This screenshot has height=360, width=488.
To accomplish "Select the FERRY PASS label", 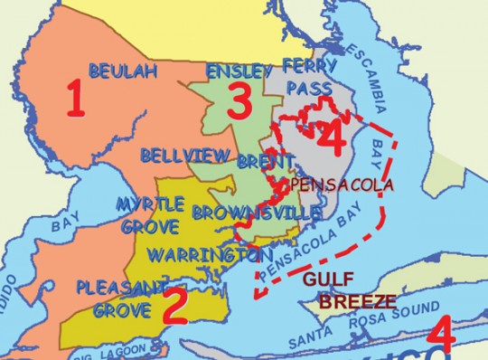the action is (x=309, y=76).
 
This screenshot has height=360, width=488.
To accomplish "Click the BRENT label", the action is (x=265, y=161).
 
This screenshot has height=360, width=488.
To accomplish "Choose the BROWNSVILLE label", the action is (x=256, y=213).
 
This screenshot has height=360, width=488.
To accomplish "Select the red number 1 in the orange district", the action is (x=76, y=100).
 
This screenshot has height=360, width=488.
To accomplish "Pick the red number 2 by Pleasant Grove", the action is (x=173, y=307).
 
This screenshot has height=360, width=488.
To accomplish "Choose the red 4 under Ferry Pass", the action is (x=331, y=137).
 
